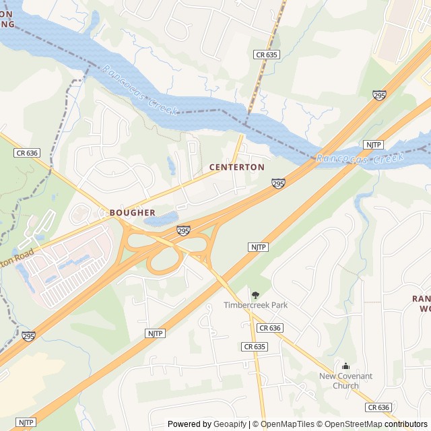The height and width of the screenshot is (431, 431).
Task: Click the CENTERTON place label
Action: pyautogui.click(x=236, y=166)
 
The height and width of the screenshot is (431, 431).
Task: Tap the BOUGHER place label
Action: pyautogui.click(x=132, y=212)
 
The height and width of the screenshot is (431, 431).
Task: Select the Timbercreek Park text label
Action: pyautogui.click(x=255, y=305)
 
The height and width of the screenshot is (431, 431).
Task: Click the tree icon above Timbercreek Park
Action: pyautogui.click(x=255, y=295)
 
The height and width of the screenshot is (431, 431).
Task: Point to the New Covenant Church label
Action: pyautogui.click(x=345, y=381)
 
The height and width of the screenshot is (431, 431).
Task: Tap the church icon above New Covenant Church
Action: pyautogui.click(x=345, y=366)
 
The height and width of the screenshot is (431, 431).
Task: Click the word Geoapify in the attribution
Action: pyautogui.click(x=230, y=424)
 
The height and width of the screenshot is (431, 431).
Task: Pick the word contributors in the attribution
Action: pyautogui.click(x=406, y=424)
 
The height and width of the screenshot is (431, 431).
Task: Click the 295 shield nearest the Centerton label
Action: pyautogui.click(x=278, y=183)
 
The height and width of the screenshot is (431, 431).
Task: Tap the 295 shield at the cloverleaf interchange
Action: pyautogui.click(x=183, y=231)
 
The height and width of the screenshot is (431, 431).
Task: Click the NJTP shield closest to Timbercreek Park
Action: pyautogui.click(x=259, y=247)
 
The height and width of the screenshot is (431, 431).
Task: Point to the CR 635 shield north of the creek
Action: pyautogui.click(x=267, y=54)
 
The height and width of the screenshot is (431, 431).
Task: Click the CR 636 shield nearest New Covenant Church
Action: pyautogui.click(x=378, y=407)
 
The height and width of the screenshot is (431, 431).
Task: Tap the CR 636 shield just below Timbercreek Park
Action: pyautogui.click(x=269, y=328)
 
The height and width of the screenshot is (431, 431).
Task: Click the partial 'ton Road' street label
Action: pyautogui.click(x=16, y=255)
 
